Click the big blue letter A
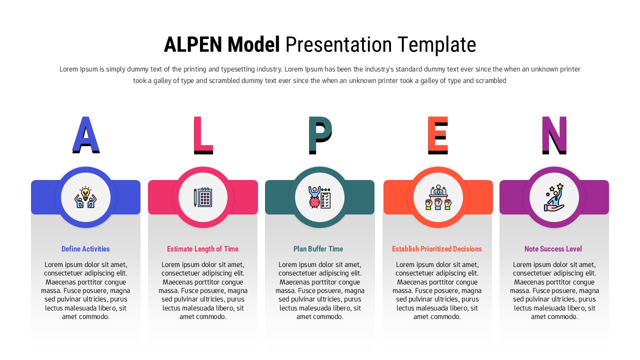86,135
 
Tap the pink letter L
202,135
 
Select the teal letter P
319,135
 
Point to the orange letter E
437,135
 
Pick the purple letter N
554,135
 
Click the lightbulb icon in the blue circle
85,197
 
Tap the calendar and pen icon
203,197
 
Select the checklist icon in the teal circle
320,197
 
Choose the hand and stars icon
554,197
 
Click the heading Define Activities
85,249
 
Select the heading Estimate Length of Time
202,249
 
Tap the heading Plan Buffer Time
318,249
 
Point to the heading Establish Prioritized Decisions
437,249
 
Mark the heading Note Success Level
553,249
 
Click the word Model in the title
253,45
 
